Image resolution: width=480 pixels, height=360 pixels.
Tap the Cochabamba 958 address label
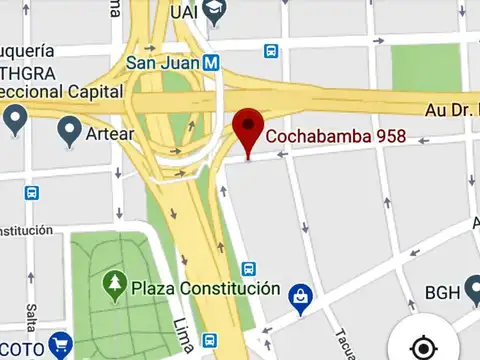334,136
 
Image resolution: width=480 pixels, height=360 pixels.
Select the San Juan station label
162,61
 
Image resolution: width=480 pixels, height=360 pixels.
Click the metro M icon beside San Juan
211,61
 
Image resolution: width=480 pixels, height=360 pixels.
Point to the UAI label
183,12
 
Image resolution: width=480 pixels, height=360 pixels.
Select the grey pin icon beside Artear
70,129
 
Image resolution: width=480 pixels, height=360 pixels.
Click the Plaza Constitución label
204,288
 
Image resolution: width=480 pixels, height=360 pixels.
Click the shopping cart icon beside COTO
60,346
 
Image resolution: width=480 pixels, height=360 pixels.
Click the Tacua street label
342,342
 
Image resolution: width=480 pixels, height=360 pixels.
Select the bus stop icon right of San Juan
271,51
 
